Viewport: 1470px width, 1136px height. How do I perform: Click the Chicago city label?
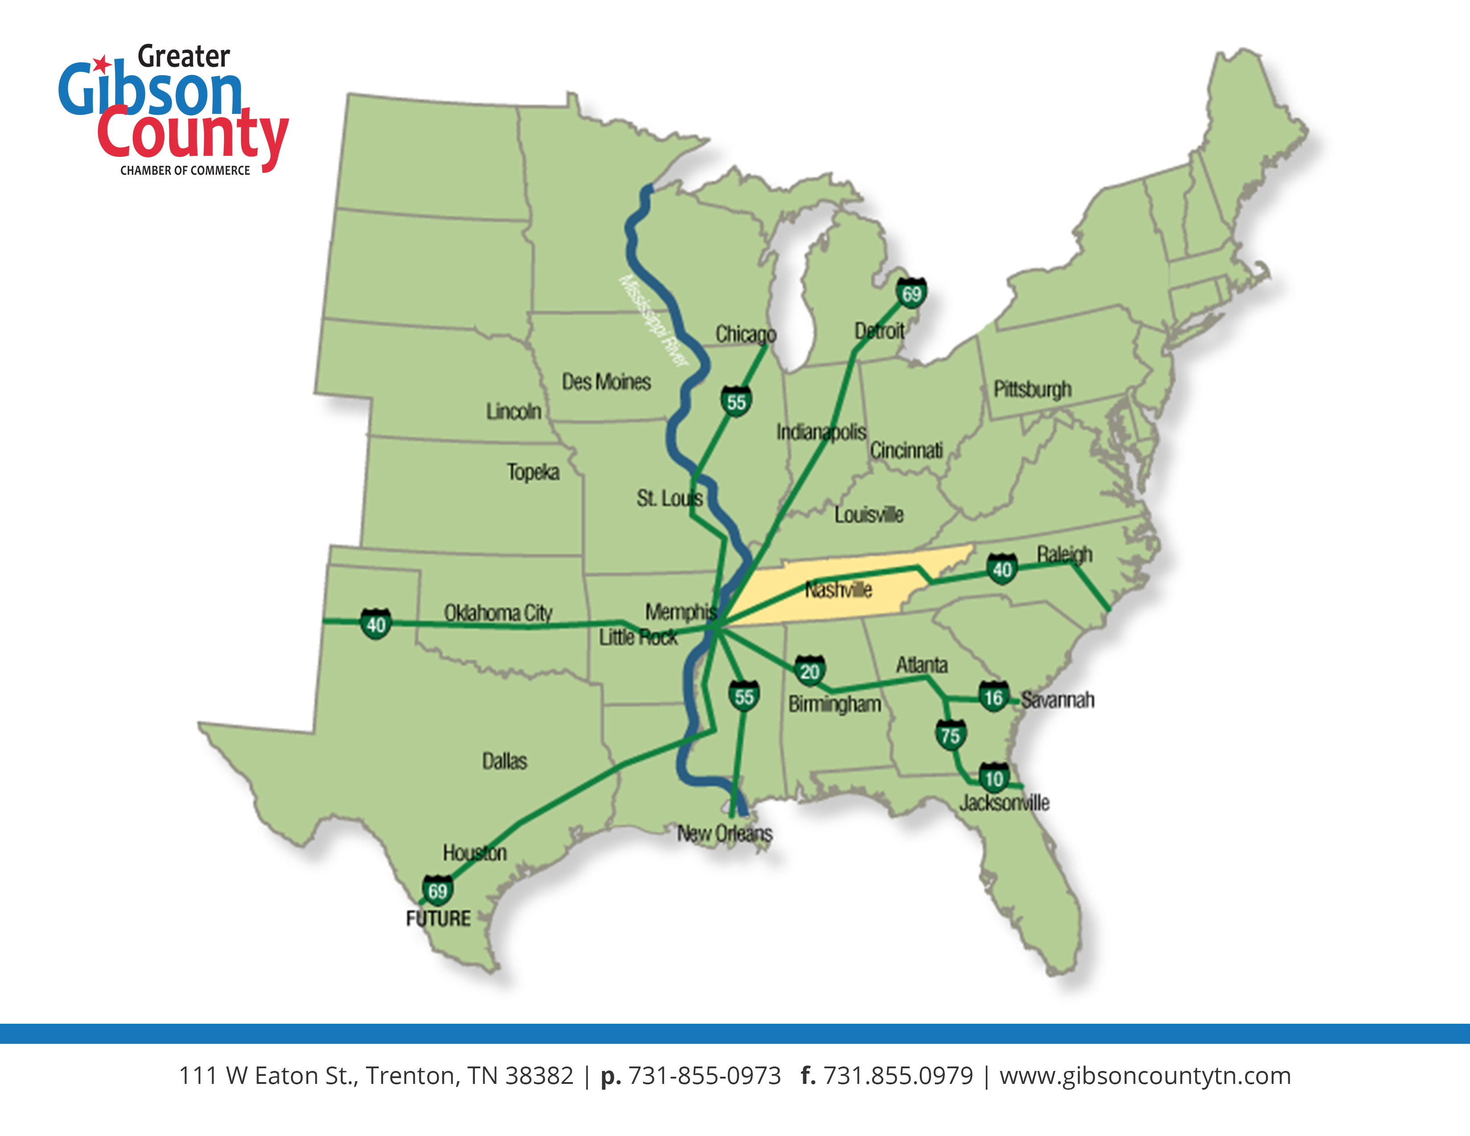[x=745, y=334]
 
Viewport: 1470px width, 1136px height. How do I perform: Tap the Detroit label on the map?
[x=879, y=331]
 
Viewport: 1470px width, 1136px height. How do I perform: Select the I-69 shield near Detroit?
[x=911, y=294]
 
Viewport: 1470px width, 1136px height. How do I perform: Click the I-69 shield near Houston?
[x=437, y=891]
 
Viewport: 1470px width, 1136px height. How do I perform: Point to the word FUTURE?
[x=438, y=919]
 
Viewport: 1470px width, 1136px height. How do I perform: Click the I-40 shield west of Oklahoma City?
[x=376, y=625]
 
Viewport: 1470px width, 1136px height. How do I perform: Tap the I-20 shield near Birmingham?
[x=810, y=671]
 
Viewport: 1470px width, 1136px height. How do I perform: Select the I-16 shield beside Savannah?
[x=993, y=697]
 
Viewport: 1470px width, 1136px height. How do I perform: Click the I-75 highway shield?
[x=951, y=735]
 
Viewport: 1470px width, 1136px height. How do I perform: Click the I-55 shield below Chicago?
[x=736, y=402]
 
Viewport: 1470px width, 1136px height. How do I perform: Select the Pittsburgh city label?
[x=1033, y=389]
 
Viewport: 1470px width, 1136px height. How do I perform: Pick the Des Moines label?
[x=606, y=382]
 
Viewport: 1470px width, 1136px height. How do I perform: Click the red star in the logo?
[x=102, y=65]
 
